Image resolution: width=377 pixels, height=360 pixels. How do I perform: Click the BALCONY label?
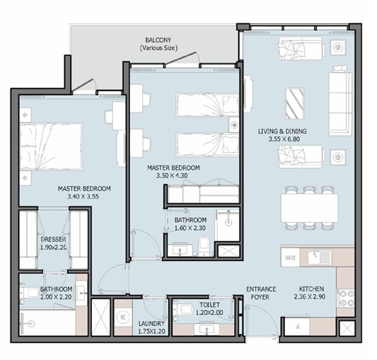(158, 40)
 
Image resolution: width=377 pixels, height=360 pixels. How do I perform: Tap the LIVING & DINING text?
(282, 131)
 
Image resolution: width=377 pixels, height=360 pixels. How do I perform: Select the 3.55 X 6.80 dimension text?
(284, 139)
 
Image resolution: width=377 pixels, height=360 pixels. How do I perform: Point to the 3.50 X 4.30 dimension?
(172, 175)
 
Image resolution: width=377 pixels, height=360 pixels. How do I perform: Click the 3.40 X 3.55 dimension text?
(83, 196)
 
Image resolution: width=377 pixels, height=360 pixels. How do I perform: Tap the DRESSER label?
(53, 239)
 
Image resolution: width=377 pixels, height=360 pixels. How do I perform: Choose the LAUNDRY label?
(151, 323)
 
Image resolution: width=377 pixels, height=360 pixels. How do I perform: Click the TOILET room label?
(210, 305)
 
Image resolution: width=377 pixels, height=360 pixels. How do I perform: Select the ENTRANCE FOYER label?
(261, 293)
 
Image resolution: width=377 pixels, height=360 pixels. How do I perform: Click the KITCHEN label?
(311, 289)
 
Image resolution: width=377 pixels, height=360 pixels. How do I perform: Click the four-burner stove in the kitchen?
(346, 298)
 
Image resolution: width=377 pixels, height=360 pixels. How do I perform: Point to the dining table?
(309, 208)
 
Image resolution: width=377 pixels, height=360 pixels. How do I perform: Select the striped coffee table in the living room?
(294, 104)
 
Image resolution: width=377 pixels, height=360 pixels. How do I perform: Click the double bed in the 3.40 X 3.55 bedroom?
(51, 147)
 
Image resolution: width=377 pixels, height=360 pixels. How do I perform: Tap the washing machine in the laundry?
(123, 318)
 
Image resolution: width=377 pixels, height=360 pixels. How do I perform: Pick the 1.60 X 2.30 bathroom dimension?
(190, 228)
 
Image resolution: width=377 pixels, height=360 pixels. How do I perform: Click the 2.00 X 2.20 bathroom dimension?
(56, 297)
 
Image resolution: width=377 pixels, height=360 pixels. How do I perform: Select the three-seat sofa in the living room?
(340, 104)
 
